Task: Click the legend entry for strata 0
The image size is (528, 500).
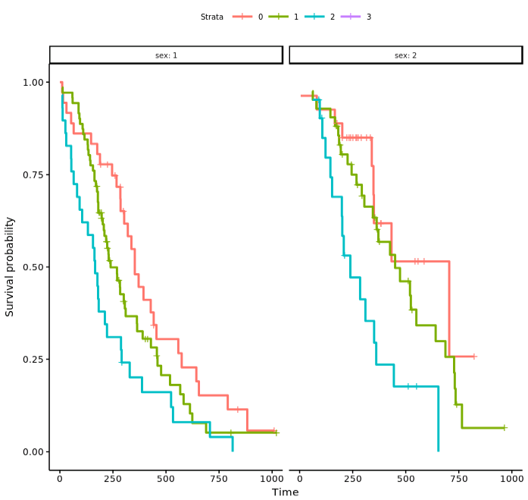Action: (x=248, y=17)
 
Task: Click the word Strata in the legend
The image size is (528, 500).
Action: (x=212, y=17)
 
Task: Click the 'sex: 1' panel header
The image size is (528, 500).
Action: (x=166, y=55)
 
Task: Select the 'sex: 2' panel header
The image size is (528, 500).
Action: (x=405, y=55)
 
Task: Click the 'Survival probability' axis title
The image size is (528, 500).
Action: (x=10, y=266)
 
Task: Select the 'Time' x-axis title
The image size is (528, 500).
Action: (x=286, y=492)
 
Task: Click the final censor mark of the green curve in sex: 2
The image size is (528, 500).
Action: (x=504, y=428)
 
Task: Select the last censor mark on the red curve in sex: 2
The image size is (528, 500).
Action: (x=474, y=356)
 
